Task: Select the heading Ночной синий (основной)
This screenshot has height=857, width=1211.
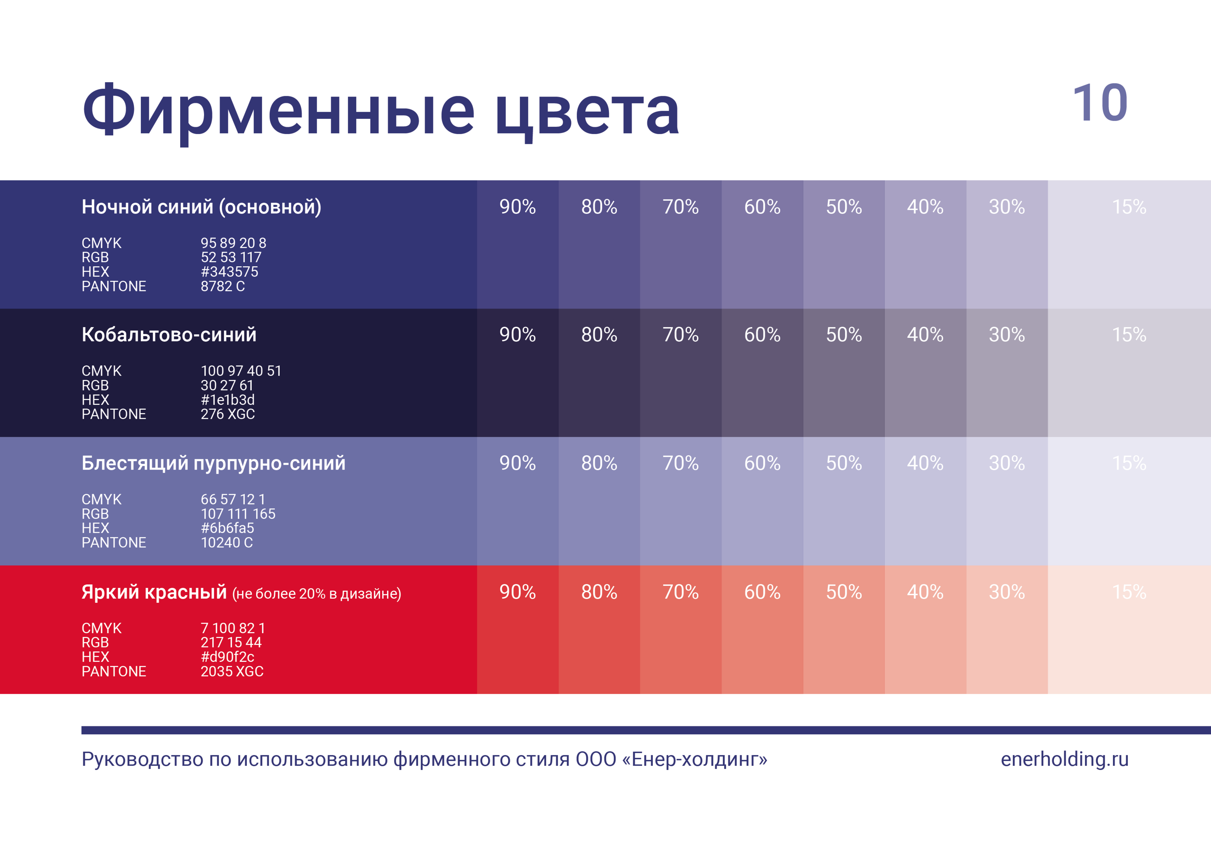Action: [201, 207]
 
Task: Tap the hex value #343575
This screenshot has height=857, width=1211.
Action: [229, 272]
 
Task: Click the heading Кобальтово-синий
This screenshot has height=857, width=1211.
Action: [169, 334]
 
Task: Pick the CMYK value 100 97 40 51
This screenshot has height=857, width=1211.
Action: [241, 371]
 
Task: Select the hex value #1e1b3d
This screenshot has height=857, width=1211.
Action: [227, 400]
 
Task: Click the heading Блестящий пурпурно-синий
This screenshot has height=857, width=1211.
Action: [213, 463]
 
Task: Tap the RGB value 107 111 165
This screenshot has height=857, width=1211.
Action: [238, 514]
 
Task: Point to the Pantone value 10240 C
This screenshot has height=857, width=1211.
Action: [227, 542]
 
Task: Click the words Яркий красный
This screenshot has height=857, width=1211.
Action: [154, 592]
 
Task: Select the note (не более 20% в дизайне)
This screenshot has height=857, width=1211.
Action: [316, 594]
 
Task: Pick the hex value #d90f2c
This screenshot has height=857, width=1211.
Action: [227, 657]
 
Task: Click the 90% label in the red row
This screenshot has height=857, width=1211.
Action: [517, 592]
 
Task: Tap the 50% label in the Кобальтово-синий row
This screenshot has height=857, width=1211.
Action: [844, 334]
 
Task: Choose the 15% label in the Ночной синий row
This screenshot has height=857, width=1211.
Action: [1129, 207]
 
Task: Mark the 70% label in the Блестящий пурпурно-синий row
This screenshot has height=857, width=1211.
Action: [680, 463]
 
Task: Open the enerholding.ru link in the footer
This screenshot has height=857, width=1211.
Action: [1065, 759]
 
